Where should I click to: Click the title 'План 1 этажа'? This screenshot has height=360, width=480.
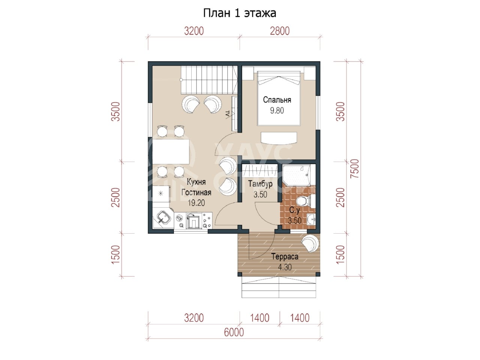coord(240,13)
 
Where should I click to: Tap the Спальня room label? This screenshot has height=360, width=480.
coord(277,100)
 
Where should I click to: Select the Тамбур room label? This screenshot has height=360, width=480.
coord(260,184)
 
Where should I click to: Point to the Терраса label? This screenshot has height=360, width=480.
coord(285,256)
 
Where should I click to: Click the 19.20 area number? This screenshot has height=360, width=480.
coord(196,203)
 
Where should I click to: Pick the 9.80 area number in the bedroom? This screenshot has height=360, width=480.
coord(277,111)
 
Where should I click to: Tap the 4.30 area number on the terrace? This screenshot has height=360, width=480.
coord(285,267)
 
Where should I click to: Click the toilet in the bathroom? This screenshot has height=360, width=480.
coord(306,201)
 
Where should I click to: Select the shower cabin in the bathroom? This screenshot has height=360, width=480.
coord(296,175)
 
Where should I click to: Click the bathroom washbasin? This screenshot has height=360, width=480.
coord(311,219)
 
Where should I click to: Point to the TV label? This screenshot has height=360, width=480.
coord(227,114)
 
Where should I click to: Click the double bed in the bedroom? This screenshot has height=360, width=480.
coord(279,98)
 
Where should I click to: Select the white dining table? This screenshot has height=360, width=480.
coord(171,152)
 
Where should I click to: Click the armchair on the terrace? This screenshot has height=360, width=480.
coord(310,243)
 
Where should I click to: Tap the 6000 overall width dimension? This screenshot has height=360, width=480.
coord(234,333)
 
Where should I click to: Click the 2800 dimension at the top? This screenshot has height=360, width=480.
coord(280,31)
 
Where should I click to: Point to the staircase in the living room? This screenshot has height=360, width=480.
coord(209,80)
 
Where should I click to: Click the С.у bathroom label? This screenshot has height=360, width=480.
coord(294,210)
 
